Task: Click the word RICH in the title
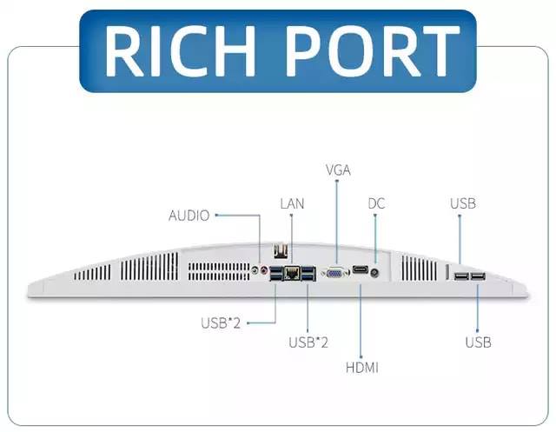coord(180,51)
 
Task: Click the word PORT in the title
coord(374,51)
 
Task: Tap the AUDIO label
coord(189,216)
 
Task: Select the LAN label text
coord(292,203)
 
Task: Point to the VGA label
coord(338,170)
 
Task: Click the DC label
coord(376,203)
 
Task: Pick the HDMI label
coord(362,368)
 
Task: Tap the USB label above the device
coord(463,203)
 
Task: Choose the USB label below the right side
coord(478,342)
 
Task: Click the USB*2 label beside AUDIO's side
coord(221,322)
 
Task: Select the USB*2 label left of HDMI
coord(308,342)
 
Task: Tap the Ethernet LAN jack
coord(292,273)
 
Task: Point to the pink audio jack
coord(263,270)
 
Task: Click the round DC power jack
coord(374,273)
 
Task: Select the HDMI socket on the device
coord(361,270)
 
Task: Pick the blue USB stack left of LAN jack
coord(276,273)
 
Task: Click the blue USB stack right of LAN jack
coord(308,274)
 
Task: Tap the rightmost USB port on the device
coord(479,276)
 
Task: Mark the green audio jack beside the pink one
coord(255,270)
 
